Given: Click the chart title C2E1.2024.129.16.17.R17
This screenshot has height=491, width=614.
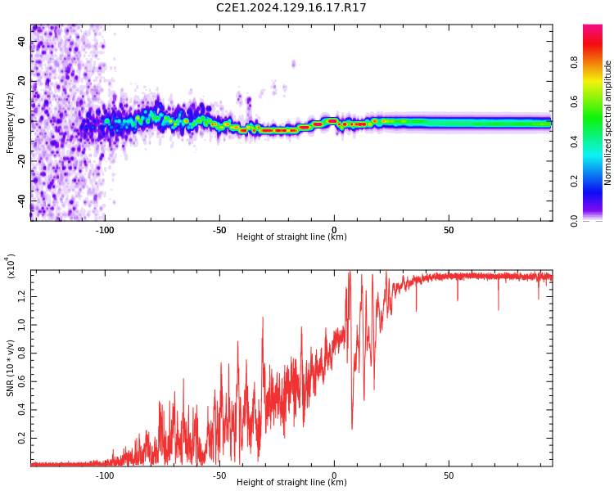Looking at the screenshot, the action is [x=291, y=7].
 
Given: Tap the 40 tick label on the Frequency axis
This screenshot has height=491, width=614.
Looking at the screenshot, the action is [x=22, y=41].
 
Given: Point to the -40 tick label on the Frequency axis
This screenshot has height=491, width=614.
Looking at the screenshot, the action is [x=22, y=201].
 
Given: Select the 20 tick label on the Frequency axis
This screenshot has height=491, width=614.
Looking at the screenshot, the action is [x=22, y=81].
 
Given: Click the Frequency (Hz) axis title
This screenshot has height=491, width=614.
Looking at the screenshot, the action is [x=10, y=123].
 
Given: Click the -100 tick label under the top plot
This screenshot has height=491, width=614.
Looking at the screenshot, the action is [x=105, y=230].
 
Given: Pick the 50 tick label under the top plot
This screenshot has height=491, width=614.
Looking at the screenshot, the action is [x=449, y=230].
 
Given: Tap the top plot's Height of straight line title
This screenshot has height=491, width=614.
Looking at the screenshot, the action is [x=291, y=236].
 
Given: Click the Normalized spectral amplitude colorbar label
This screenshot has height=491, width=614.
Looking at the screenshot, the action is [x=607, y=123].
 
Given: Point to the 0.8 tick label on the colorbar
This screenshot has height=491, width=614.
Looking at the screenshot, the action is [x=574, y=62].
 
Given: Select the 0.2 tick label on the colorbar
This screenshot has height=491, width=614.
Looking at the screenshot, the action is [x=574, y=181].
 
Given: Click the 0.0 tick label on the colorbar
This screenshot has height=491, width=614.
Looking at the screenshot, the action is [x=574, y=221].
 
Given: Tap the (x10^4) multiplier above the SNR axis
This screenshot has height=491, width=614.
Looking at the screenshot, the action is [x=11, y=266].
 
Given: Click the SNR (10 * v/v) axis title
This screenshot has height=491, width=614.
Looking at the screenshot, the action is [x=10, y=368].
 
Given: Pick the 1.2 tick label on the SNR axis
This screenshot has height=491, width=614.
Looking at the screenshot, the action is [x=21, y=296].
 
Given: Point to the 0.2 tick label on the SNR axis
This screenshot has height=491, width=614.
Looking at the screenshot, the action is [x=21, y=439].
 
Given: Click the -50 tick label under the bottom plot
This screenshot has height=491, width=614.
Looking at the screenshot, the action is [x=219, y=475].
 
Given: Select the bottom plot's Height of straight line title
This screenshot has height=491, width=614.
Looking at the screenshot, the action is [x=291, y=482].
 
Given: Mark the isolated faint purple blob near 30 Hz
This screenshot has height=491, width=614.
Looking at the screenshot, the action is [x=293, y=64].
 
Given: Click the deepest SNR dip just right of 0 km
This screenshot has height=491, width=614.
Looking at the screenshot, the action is [x=352, y=428].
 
